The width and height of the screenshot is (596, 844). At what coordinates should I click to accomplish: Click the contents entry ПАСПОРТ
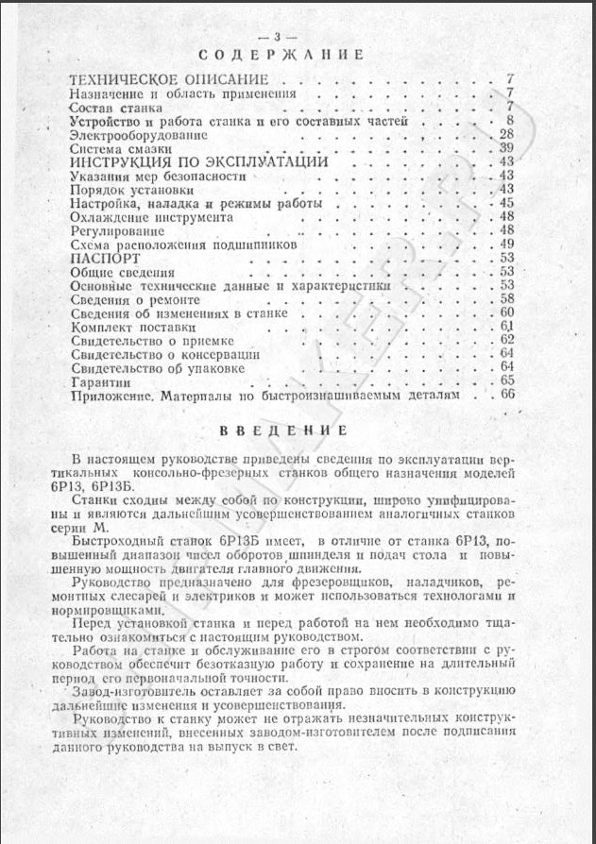[105, 258]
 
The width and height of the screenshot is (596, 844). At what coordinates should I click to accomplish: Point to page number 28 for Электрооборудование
[504, 135]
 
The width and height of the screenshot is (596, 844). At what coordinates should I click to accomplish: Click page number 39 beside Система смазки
[504, 149]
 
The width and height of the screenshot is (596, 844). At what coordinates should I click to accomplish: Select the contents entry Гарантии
[97, 381]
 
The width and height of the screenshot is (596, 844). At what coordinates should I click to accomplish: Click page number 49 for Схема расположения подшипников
[504, 244]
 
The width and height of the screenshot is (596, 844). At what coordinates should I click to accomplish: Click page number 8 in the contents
[508, 121]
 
